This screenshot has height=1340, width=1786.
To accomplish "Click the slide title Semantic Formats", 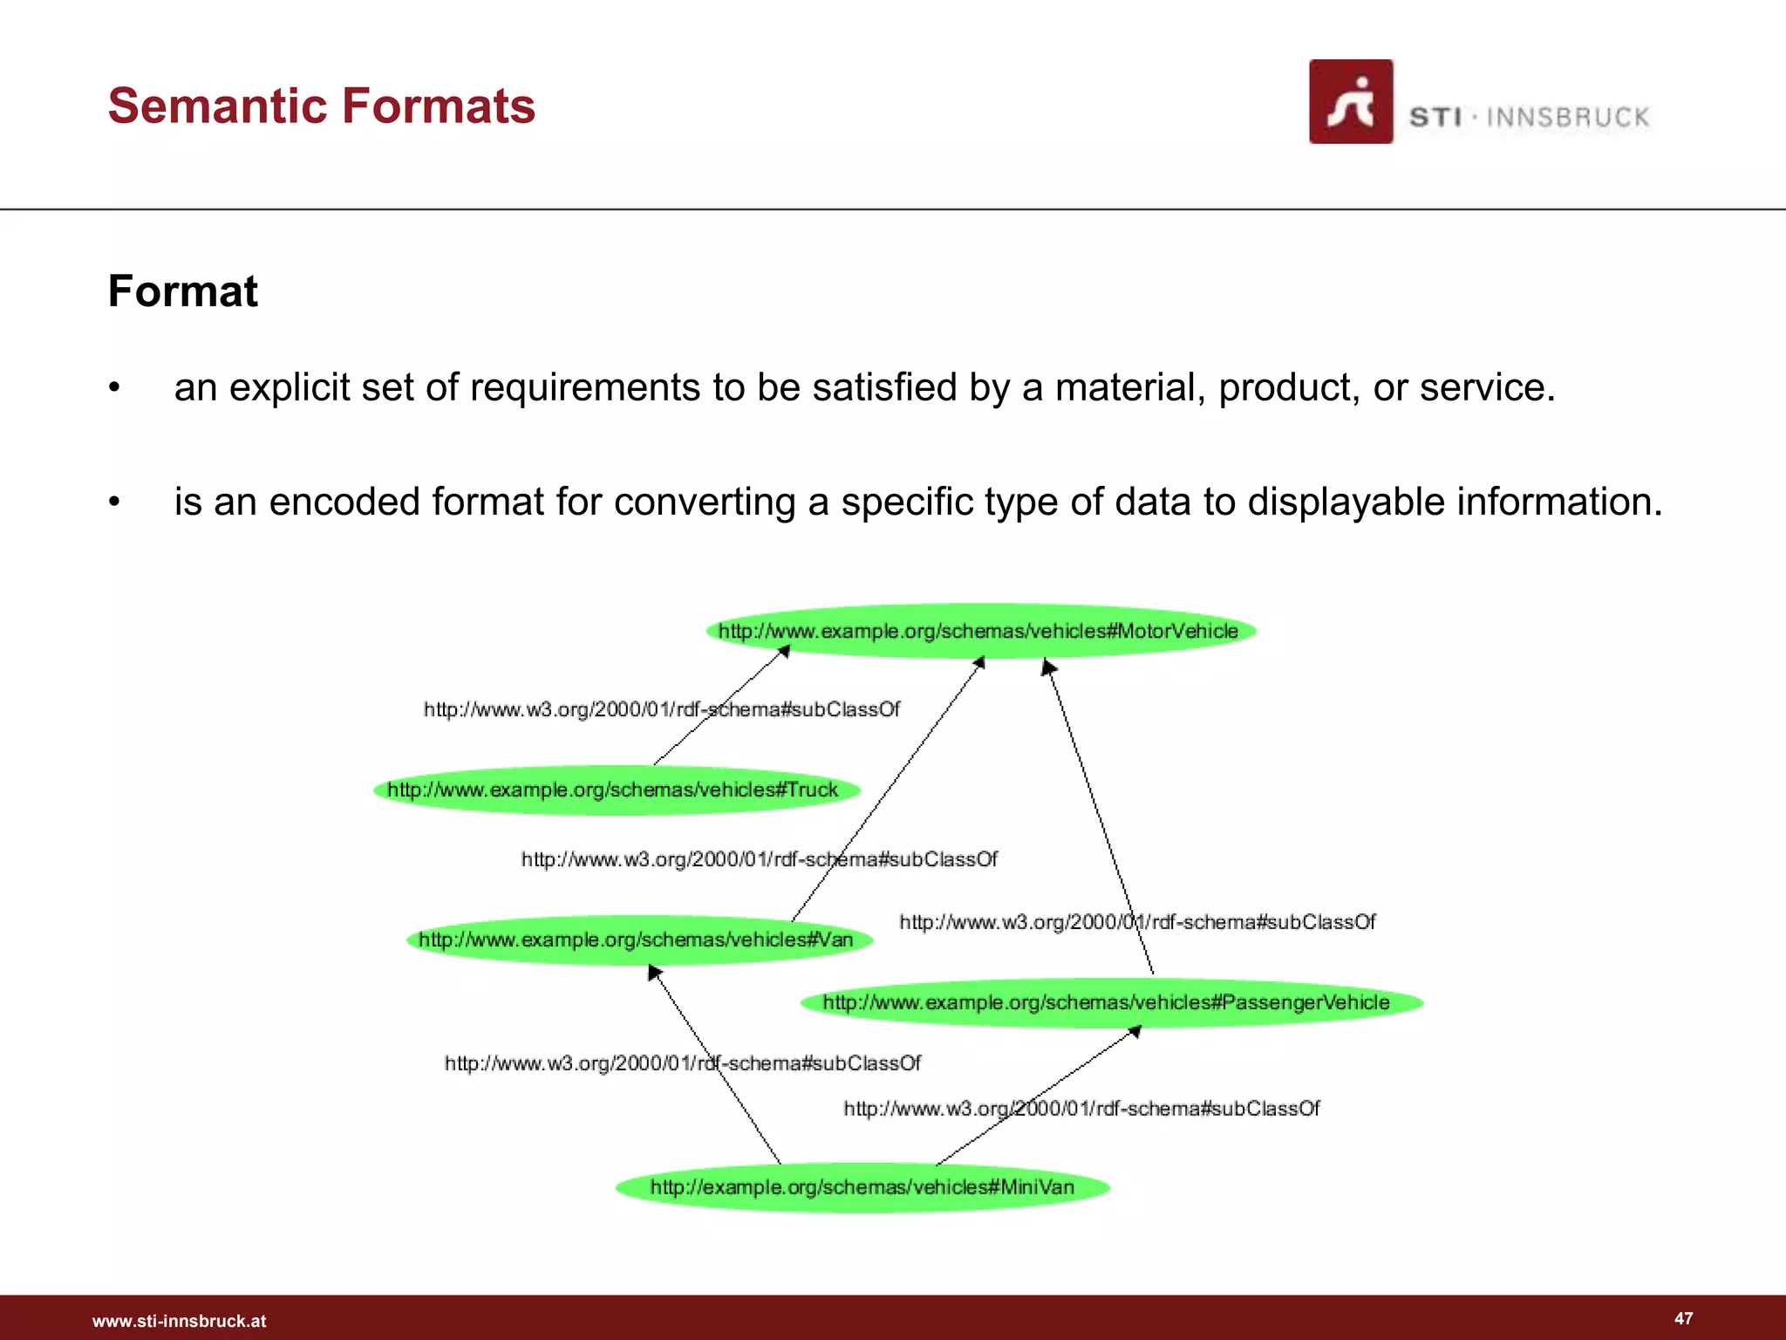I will [x=321, y=106].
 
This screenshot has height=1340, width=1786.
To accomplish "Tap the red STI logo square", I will [x=1350, y=101].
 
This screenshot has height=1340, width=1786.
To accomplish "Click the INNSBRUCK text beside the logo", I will [x=1567, y=118].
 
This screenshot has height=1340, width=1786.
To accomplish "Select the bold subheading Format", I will [x=182, y=291].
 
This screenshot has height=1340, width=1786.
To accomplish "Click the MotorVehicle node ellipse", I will [x=980, y=631].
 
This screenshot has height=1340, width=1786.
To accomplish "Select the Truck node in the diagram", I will [x=616, y=790].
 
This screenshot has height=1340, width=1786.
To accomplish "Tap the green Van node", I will [x=638, y=940].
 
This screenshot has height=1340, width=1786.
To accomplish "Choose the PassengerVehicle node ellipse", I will [x=1110, y=1002].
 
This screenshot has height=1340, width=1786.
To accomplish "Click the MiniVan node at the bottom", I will [x=862, y=1187].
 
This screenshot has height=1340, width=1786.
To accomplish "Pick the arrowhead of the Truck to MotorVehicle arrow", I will [x=784, y=651].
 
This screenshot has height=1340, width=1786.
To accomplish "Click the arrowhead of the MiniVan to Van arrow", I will [x=654, y=972].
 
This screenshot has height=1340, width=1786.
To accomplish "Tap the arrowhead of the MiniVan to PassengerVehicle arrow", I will [x=1135, y=1032].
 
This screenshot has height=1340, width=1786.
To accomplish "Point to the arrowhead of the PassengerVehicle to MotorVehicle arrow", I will [x=1048, y=667].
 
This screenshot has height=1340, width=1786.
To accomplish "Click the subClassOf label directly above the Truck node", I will [x=661, y=709].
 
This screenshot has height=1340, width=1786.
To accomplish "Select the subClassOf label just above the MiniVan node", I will [x=1081, y=1109].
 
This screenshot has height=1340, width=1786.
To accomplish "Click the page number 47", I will [x=1683, y=1318].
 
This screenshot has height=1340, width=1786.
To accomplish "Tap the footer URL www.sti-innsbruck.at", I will [x=179, y=1321].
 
